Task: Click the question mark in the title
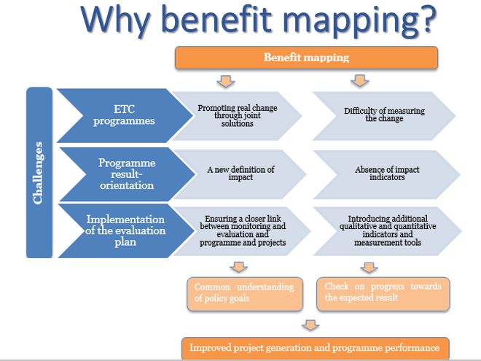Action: (x=426, y=19)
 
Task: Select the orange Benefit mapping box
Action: (x=306, y=58)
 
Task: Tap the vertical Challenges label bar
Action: (x=39, y=173)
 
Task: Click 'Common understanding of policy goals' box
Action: (x=245, y=294)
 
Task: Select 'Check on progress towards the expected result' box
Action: (x=383, y=294)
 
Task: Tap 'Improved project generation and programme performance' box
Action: (x=316, y=348)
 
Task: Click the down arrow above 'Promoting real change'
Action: (x=226, y=81)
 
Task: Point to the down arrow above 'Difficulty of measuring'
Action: (x=360, y=80)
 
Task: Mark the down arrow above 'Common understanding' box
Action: (x=238, y=267)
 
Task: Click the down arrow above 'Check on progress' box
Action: (x=369, y=268)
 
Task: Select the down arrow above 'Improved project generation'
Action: (x=310, y=325)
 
